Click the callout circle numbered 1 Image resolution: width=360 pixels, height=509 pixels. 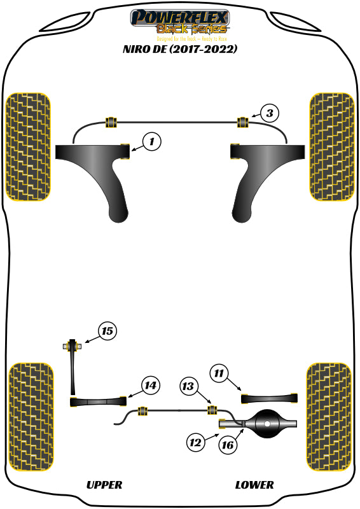pyautogui.click(x=151, y=142)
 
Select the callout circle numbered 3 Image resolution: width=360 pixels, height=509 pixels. pyautogui.click(x=270, y=114)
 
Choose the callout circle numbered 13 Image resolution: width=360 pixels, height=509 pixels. pyautogui.click(x=188, y=386)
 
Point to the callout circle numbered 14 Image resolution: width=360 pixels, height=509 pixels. pyautogui.click(x=150, y=386)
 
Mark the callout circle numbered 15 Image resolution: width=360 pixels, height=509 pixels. pyautogui.click(x=107, y=331)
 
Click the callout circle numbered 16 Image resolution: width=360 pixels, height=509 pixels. pyautogui.click(x=227, y=445)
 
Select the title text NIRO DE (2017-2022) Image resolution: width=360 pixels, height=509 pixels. pyautogui.click(x=179, y=48)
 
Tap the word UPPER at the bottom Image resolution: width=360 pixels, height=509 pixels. pyautogui.click(x=104, y=485)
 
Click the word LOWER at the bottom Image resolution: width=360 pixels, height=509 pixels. pyautogui.click(x=254, y=485)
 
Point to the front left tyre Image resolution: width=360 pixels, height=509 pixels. pyautogui.click(x=28, y=146)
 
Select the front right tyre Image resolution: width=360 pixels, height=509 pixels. pyautogui.click(x=331, y=146)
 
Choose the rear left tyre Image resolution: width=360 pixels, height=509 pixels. pyautogui.click(x=30, y=417)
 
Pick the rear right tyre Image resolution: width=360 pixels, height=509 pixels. pyautogui.click(x=329, y=417)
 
